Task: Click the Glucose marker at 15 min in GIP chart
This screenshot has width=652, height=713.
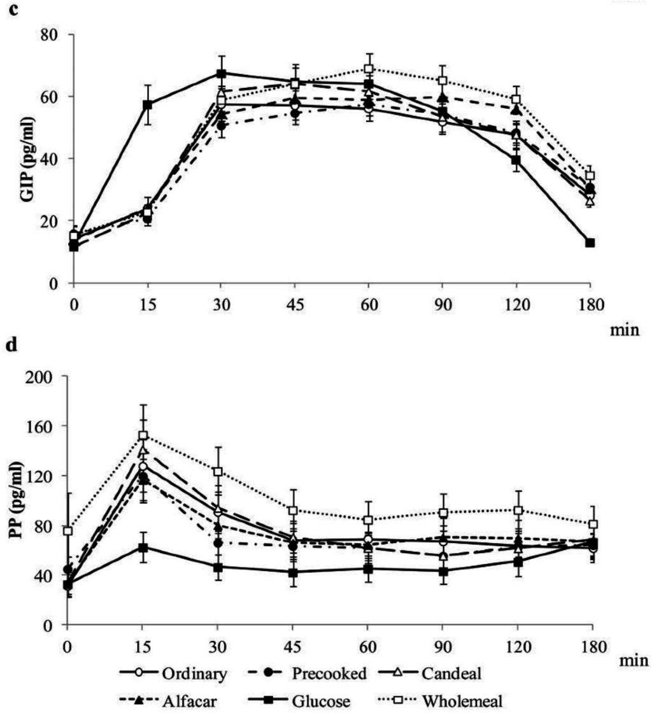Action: [148, 104]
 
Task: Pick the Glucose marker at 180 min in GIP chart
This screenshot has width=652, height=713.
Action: [590, 243]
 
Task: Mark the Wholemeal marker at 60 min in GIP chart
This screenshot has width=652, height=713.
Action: [369, 69]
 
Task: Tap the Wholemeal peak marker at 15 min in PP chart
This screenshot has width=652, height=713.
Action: [143, 435]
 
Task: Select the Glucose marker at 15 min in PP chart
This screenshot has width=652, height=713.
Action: [143, 547]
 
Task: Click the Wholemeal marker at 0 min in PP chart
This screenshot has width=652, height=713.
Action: [67, 531]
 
